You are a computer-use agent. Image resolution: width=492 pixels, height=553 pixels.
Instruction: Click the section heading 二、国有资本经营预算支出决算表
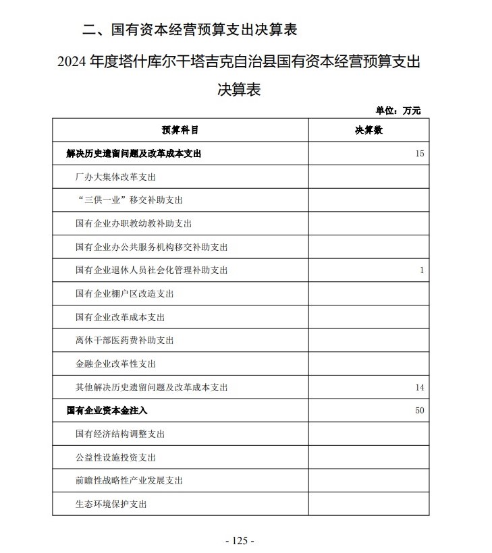tap(189, 30)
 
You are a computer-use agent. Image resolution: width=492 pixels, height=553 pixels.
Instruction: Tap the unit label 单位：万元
tap(398, 111)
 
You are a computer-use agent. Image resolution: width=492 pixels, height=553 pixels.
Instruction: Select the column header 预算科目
tap(180, 130)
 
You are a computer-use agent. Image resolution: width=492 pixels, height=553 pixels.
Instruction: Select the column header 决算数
tap(368, 130)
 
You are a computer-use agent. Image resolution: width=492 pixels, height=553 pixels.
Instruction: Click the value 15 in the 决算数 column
tap(420, 154)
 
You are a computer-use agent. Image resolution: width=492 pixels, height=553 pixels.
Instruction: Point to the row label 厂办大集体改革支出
tap(115, 177)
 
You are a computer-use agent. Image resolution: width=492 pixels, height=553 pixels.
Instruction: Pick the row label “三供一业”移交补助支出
tap(129, 200)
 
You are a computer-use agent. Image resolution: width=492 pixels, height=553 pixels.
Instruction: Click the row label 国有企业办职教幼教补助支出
tap(134, 224)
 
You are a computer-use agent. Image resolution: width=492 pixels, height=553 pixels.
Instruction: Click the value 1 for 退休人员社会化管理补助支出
tap(422, 270)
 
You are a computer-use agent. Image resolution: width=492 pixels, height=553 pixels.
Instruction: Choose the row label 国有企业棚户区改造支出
tap(125, 294)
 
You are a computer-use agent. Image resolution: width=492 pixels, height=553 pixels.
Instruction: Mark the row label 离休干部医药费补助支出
tap(125, 341)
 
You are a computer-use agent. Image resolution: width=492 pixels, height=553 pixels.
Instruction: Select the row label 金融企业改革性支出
tap(115, 363)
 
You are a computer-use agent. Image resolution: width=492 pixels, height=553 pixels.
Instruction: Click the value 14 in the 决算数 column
tap(420, 387)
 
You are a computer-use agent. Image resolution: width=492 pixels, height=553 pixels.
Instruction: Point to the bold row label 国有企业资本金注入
tap(107, 410)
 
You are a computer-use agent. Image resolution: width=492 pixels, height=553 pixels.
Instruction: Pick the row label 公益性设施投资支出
tap(115, 457)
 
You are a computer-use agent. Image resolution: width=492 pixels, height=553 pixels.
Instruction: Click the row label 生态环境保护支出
tap(111, 504)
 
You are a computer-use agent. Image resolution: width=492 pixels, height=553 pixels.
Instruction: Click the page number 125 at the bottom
tap(240, 540)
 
